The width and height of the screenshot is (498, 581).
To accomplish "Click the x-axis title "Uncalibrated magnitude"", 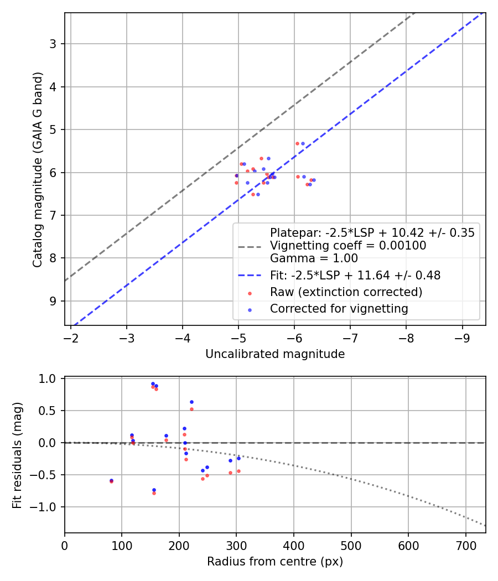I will coord(275,354).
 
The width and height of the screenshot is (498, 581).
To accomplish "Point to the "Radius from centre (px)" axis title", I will coord(275,562).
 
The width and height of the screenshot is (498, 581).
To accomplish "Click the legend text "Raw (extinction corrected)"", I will coord(346,292).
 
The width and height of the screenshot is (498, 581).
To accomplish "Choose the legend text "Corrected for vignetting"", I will coord(339,309).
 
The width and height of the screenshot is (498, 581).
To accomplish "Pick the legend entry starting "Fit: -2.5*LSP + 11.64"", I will coord(355,275).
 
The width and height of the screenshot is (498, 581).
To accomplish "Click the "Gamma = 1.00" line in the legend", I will coord(314,258).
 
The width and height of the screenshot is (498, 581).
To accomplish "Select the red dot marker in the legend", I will coord(250,293).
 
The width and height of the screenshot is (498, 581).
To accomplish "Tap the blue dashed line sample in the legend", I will coord(250,275).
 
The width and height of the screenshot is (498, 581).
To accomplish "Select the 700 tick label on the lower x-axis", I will coord(465,546).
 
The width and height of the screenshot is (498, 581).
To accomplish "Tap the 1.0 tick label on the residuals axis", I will coord(50,379).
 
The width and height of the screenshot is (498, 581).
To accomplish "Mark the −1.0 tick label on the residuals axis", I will coord(46,507).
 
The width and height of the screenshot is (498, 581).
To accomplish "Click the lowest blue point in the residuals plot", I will coord(154,490).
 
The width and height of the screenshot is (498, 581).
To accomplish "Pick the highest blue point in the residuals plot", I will coord(153,383).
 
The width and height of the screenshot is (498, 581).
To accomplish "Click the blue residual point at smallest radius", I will coord(111,480).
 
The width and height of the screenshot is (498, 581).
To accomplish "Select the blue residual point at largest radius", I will coord(238,458).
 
